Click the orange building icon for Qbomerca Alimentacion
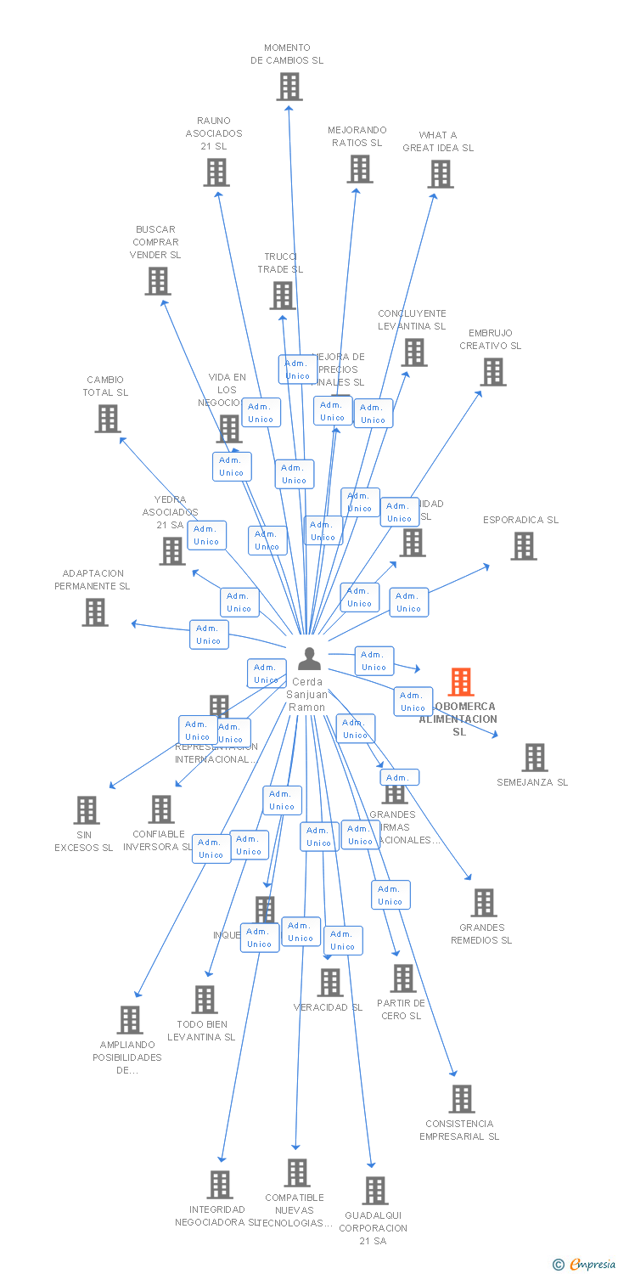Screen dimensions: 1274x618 (x=461, y=682)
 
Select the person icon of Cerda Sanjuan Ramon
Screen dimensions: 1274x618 (x=309, y=659)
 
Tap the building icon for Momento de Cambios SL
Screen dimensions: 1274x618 (x=289, y=87)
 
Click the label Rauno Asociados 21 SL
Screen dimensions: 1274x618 (x=214, y=133)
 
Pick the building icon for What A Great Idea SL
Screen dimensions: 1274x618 (x=440, y=174)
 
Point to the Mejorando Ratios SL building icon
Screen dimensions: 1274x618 (x=360, y=169)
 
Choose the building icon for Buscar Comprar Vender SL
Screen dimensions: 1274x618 (x=158, y=281)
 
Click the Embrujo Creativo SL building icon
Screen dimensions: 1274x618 (x=493, y=372)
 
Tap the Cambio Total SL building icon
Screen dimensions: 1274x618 (x=108, y=419)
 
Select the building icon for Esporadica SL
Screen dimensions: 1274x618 (x=524, y=546)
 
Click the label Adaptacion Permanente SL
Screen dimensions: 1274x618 (x=93, y=580)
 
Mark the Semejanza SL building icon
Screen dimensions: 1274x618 (x=535, y=757)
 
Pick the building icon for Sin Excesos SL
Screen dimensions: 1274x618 (x=87, y=810)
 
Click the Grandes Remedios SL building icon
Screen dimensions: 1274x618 (x=484, y=903)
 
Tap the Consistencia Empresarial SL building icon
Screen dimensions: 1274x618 (x=462, y=1099)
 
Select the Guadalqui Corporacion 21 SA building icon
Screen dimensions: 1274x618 (x=375, y=1191)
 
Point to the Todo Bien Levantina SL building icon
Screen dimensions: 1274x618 (x=205, y=1000)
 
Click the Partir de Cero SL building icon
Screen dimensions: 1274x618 (x=403, y=978)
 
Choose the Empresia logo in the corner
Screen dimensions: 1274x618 (x=585, y=1265)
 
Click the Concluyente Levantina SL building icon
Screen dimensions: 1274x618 (x=414, y=352)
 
